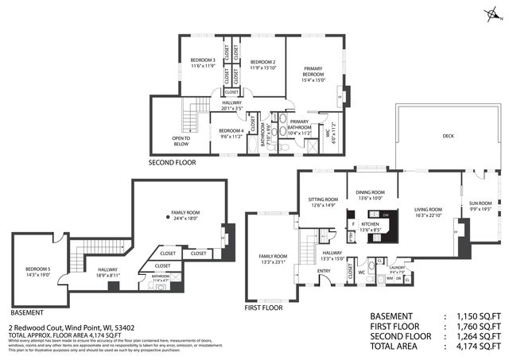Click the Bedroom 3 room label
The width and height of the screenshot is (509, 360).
pos(203,60)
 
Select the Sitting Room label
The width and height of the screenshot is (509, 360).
pos(324,199)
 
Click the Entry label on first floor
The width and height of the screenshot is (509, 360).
pos(324,271)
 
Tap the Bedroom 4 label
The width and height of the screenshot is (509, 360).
pos(231,130)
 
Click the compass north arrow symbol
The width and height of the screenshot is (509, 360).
pos(493,14)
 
